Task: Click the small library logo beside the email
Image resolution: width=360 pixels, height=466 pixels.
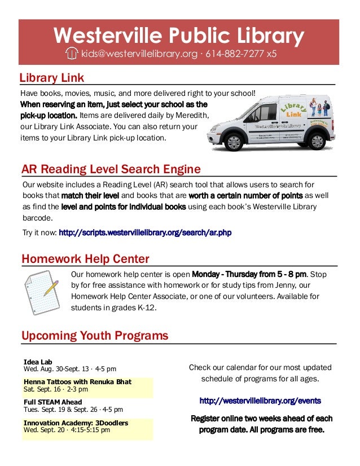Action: pyautogui.click(x=72, y=54)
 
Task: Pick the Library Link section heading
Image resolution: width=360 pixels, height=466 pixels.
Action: pyautogui.click(x=51, y=77)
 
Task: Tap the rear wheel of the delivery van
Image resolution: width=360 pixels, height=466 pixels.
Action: pyautogui.click(x=317, y=141)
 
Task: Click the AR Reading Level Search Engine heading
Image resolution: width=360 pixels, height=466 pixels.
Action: pyautogui.click(x=111, y=169)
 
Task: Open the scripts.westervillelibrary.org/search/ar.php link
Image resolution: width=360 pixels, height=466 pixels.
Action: pyautogui.click(x=145, y=232)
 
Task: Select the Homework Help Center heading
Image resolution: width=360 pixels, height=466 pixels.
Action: pyautogui.click(x=85, y=259)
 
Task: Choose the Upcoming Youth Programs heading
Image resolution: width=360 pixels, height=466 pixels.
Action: pyautogui.click(x=95, y=336)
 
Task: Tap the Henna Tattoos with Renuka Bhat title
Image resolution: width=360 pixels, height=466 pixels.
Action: pyautogui.click(x=77, y=382)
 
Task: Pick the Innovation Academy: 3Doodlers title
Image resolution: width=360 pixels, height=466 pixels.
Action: pyautogui.click(x=76, y=423)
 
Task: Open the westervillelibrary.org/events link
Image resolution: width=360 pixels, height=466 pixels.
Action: pyautogui.click(x=260, y=401)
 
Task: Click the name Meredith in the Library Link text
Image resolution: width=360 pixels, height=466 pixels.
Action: pyautogui.click(x=192, y=115)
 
